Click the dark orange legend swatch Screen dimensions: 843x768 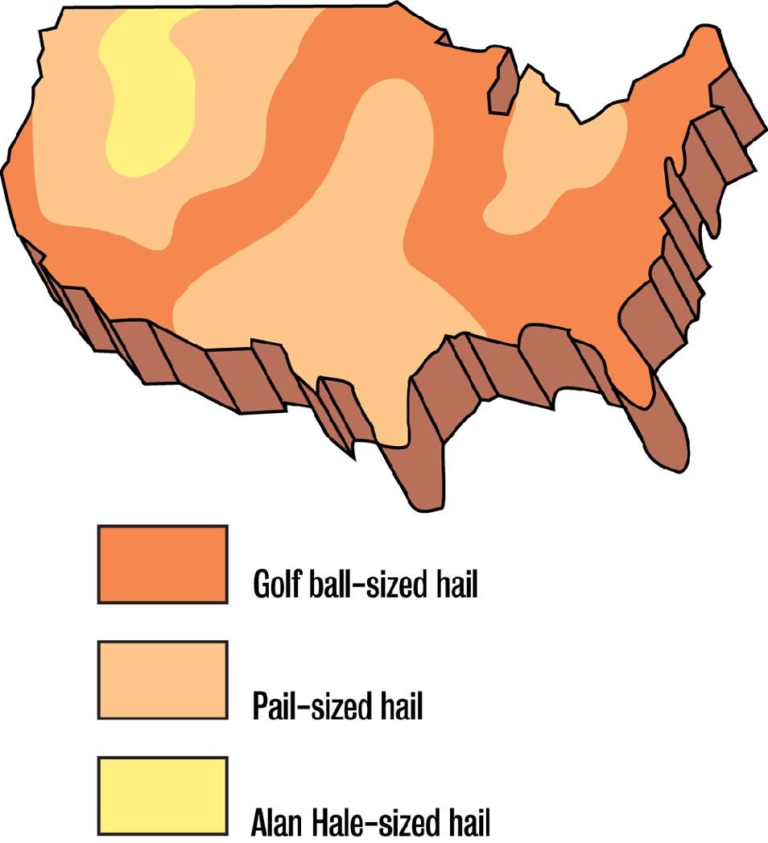[x=162, y=564]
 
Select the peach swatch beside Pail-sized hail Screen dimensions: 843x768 [x=162, y=680]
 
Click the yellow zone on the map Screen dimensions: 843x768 [x=150, y=97]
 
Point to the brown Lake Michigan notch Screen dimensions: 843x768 [x=502, y=85]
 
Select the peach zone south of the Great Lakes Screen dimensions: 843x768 [x=555, y=161]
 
